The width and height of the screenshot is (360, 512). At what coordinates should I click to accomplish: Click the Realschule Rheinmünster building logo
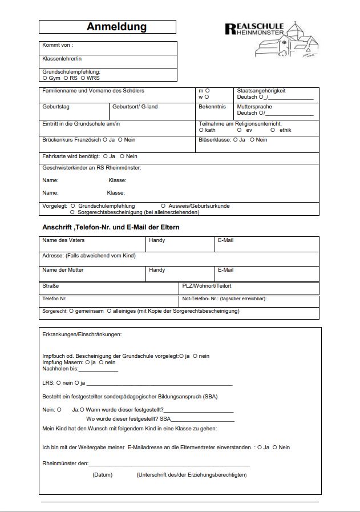[x=272, y=38]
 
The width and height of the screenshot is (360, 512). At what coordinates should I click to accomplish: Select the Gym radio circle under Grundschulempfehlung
[x=45, y=78]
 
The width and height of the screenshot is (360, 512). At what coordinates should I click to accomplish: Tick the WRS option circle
[x=83, y=78]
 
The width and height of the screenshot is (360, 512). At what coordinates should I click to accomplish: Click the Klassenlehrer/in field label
[x=62, y=59]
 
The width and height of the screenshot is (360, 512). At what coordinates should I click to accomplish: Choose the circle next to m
[x=207, y=90]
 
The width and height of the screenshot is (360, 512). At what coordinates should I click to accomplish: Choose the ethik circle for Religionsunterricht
[x=273, y=130]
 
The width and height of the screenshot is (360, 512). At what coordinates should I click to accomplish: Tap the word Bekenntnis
[x=212, y=107]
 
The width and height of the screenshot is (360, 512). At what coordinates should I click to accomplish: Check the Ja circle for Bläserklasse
[x=236, y=140]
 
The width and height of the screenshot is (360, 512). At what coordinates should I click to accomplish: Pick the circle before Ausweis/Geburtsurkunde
[x=163, y=205]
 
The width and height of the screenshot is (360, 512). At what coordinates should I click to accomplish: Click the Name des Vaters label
[x=63, y=240]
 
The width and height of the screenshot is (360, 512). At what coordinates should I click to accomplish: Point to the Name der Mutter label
[x=63, y=270]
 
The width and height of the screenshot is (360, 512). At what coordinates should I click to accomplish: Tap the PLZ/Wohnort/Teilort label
[x=207, y=285]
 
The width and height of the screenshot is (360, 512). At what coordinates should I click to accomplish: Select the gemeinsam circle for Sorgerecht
[x=71, y=311]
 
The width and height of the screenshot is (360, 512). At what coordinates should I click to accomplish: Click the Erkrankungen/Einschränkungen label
[x=82, y=334]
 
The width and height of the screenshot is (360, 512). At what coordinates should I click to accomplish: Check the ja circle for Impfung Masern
[x=87, y=362]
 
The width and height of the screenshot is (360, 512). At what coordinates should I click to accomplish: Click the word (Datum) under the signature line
[x=103, y=475]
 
